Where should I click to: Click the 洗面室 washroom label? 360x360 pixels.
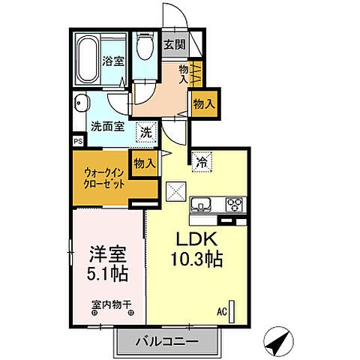(x=107, y=127)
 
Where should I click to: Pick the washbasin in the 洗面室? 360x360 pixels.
(x=82, y=106)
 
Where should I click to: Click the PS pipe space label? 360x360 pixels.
(x=78, y=140)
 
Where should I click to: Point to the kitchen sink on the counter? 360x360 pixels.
(x=202, y=205)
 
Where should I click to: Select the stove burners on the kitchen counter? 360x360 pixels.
(x=235, y=203)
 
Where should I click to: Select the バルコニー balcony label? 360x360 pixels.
(x=167, y=341)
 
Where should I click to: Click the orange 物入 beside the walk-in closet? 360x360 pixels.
(x=144, y=163)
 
